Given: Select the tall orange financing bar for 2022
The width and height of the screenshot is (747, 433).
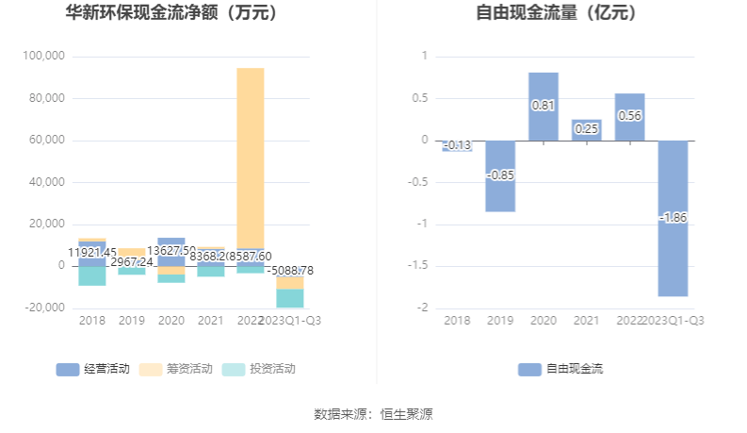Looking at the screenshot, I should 251,156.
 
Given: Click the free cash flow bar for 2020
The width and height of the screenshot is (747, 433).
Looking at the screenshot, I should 544,107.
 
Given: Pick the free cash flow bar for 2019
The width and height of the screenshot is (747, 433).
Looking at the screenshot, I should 500,176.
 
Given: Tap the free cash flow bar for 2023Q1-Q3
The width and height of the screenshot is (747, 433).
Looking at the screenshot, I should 673,218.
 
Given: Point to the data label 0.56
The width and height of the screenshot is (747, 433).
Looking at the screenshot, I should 629,116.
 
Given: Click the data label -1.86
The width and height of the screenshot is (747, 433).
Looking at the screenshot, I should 673,218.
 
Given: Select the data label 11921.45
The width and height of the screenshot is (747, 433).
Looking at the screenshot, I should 92,252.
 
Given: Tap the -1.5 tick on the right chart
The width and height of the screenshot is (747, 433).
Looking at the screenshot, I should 418,266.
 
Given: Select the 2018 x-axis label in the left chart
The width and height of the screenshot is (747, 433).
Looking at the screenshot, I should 91,321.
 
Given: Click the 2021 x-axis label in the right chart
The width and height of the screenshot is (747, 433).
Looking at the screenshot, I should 586,321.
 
